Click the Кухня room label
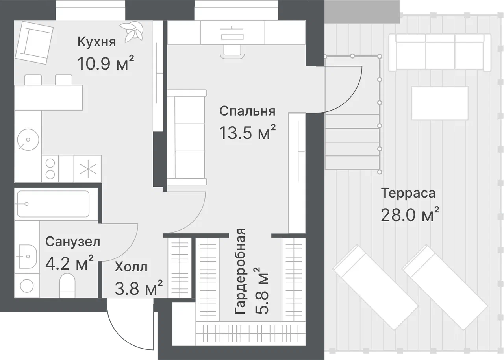coord(96,42)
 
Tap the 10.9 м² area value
coord(105,63)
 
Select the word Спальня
coord(247,111)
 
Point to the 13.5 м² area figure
coord(247,133)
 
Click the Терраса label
coord(408,193)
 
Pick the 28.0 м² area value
coord(410,214)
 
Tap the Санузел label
coord(73,242)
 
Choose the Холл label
coord(131,267)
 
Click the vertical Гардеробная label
coord(240,271)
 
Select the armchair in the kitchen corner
coord(34,42)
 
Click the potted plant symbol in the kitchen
coord(132,32)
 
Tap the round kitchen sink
coord(28,140)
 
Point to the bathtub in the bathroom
coord(53,204)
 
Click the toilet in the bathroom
coord(67,286)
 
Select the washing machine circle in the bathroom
coord(27,286)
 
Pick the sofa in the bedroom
coord(187,137)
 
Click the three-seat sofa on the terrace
coord(440,53)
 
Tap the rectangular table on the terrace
coord(440,103)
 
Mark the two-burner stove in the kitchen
coord(50,169)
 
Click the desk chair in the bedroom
coord(232,52)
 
